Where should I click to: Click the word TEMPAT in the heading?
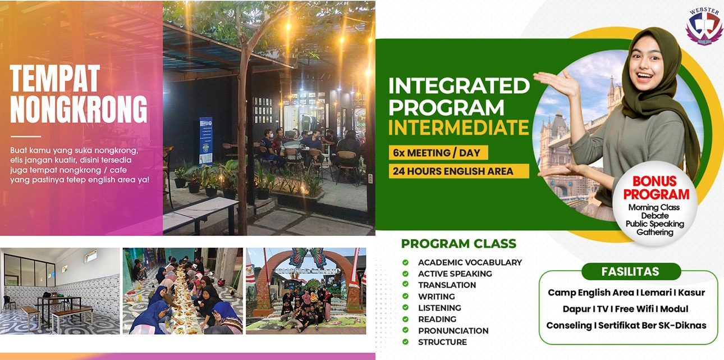tap(55, 79)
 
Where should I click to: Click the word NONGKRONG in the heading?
tap(79, 108)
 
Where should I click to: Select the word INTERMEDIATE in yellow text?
tap(459, 128)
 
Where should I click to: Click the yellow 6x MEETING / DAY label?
tap(438, 153)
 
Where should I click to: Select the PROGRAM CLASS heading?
tap(459, 244)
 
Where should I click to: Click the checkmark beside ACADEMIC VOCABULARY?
tap(405, 262)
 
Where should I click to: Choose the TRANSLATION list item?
tap(447, 285)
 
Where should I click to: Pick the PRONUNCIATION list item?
tap(453, 331)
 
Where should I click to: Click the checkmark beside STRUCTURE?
tap(405, 342)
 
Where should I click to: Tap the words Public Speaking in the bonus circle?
tap(655, 224)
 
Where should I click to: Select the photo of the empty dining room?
tap(60, 291)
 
